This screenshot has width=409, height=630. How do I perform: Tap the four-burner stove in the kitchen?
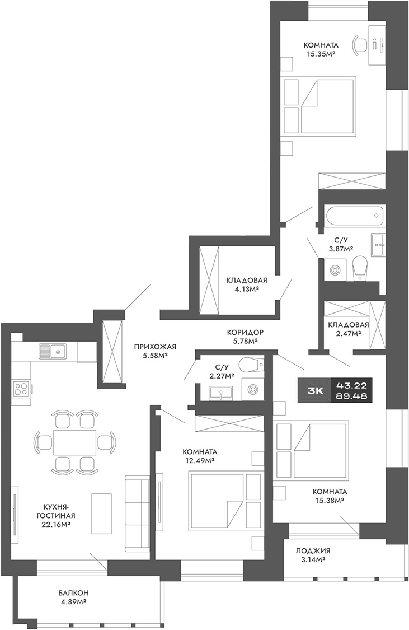pos(22,388)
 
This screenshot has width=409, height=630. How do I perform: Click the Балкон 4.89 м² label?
pos(73,597)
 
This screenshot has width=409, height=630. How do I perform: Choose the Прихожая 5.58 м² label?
pos(151,351)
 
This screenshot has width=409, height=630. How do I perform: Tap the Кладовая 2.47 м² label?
pos(348,329)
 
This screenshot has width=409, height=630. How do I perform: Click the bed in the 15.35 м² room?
pos(327,106)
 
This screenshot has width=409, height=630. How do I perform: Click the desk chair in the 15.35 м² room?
pos(358,44)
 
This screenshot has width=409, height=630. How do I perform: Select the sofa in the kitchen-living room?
pos(137,512)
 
